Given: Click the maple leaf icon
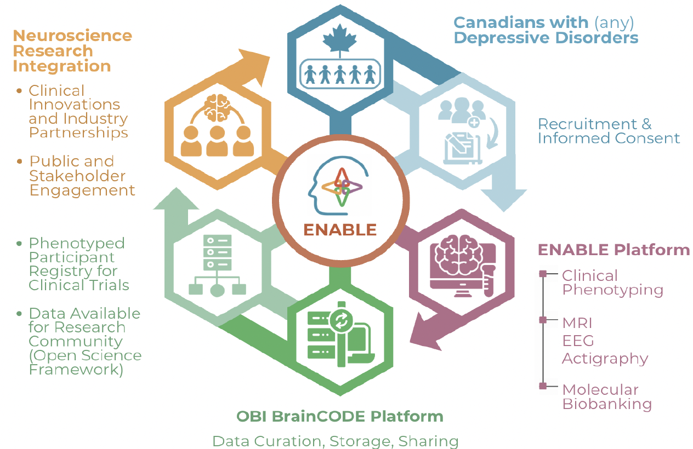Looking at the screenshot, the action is pyautogui.click(x=340, y=40).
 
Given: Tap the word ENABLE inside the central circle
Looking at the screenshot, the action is pyautogui.click(x=340, y=230).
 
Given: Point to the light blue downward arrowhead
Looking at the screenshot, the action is pyautogui.click(x=504, y=200).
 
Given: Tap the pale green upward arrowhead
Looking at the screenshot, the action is pyautogui.click(x=176, y=199).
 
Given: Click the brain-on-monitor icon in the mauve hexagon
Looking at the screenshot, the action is pyautogui.click(x=463, y=266).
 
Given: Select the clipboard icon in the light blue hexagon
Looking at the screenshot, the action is pyautogui.click(x=463, y=148).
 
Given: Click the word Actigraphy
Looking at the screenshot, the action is pyautogui.click(x=605, y=359).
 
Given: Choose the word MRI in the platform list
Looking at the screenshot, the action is pyautogui.click(x=577, y=323).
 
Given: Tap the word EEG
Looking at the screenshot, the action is pyautogui.click(x=578, y=341).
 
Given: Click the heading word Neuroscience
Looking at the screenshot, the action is pyautogui.click(x=72, y=36).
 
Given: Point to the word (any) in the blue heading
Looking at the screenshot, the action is pyautogui.click(x=614, y=23).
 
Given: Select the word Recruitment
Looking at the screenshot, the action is pyautogui.click(x=587, y=124).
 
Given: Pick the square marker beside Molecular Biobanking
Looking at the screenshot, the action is pyautogui.click(x=543, y=385).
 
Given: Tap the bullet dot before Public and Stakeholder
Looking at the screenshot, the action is pyautogui.click(x=20, y=162).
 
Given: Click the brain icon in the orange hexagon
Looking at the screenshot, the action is pyautogui.click(x=217, y=108).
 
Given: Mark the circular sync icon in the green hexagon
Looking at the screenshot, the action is pyautogui.click(x=341, y=321).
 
